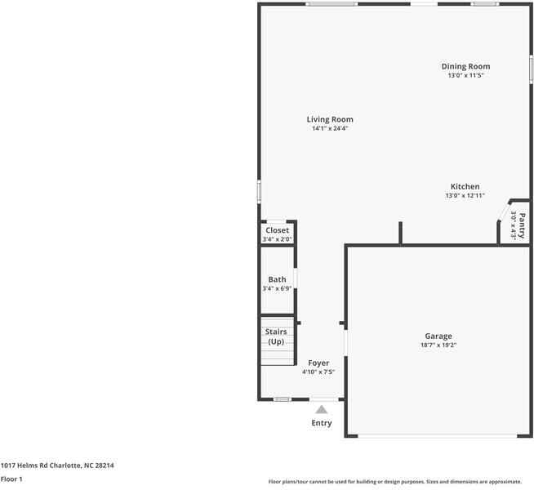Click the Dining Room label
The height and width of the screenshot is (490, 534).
click(465, 66)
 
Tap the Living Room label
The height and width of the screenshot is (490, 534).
click(330, 119)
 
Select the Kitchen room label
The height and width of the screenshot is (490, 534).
click(465, 186)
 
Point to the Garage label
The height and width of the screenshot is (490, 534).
click(438, 336)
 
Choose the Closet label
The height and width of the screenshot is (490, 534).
click(277, 230)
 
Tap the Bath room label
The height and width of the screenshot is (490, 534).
click(277, 279)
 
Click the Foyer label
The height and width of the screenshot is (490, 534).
click(318, 363)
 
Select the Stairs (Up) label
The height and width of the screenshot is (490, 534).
click(277, 336)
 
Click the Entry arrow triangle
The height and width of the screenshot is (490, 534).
click(322, 409)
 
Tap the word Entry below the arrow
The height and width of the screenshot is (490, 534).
click(322, 423)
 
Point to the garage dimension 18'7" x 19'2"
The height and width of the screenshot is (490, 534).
click(438, 345)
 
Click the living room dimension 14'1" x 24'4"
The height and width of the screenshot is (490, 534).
click(330, 129)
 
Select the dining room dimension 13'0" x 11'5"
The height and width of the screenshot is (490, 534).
click(465, 76)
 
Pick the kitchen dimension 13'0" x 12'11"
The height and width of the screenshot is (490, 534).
click(465, 196)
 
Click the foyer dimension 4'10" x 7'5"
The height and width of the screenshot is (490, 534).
click(318, 372)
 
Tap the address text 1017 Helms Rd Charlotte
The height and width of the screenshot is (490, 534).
click(57, 465)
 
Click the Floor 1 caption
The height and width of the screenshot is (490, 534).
click(11, 479)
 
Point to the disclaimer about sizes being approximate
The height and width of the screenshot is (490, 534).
click(395, 482)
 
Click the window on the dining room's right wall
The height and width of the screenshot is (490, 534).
click(531, 68)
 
